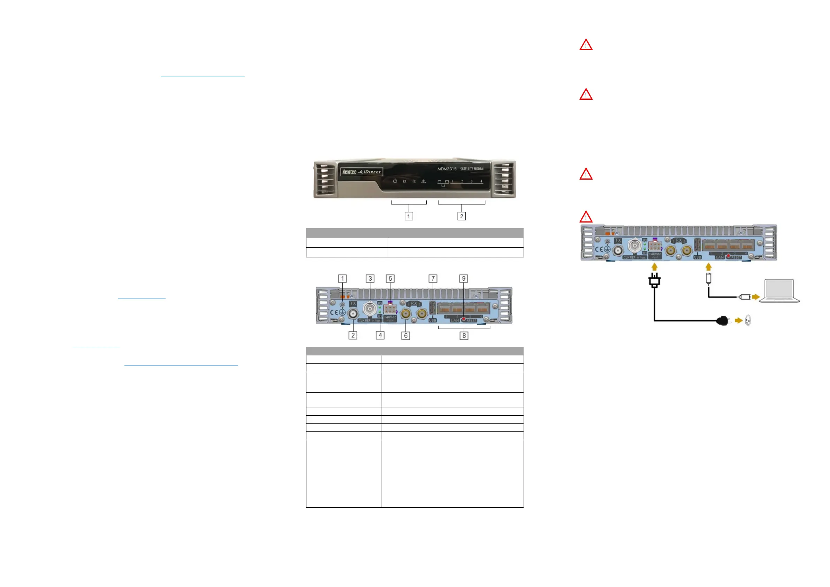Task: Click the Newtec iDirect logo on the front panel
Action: (x=361, y=172)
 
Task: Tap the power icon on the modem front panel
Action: (x=395, y=181)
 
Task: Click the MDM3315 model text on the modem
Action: (x=447, y=169)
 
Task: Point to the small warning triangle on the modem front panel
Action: (x=423, y=181)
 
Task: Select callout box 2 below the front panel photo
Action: (x=461, y=216)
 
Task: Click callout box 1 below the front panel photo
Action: (x=409, y=216)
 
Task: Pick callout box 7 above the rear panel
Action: (x=433, y=278)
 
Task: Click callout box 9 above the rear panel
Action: (x=463, y=278)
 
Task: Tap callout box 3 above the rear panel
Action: (x=370, y=278)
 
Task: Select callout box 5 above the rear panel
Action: (x=390, y=278)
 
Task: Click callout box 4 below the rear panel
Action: (x=380, y=335)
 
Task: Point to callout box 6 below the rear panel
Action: (x=406, y=336)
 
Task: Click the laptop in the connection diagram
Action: (x=779, y=291)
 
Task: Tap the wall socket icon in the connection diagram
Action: (x=748, y=321)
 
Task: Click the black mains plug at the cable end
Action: (x=723, y=321)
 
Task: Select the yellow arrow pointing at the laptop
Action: (x=755, y=297)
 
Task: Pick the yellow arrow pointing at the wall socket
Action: (x=739, y=321)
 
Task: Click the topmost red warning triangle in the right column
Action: (x=586, y=45)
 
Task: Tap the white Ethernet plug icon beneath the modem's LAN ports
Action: (x=708, y=278)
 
